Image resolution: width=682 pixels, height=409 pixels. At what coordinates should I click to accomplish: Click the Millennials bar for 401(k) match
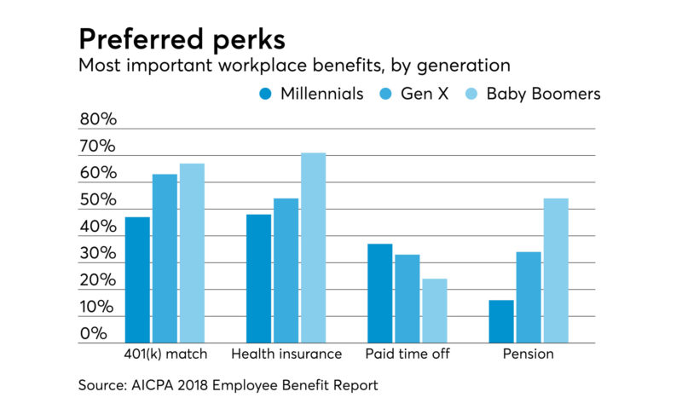137,279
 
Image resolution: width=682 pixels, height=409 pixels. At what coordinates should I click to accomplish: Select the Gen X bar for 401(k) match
165,258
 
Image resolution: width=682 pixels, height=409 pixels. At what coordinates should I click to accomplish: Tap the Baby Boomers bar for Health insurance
313,248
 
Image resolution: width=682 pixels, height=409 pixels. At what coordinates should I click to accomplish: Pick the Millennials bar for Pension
501,321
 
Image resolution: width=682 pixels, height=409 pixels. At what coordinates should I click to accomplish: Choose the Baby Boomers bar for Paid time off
434,311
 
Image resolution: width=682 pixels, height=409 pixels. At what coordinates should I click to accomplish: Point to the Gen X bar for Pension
529,297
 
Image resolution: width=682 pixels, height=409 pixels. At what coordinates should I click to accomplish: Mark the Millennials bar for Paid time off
380,293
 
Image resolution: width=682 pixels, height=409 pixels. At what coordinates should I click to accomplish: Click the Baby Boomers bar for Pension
556,270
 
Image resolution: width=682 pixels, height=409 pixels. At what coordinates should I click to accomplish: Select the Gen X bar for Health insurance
286,270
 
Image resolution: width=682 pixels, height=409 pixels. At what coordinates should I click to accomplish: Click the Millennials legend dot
266,94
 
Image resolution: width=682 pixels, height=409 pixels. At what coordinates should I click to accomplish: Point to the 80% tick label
97,120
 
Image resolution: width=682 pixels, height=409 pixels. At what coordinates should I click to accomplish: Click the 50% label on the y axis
97,201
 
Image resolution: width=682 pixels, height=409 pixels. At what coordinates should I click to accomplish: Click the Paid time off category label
407,354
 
